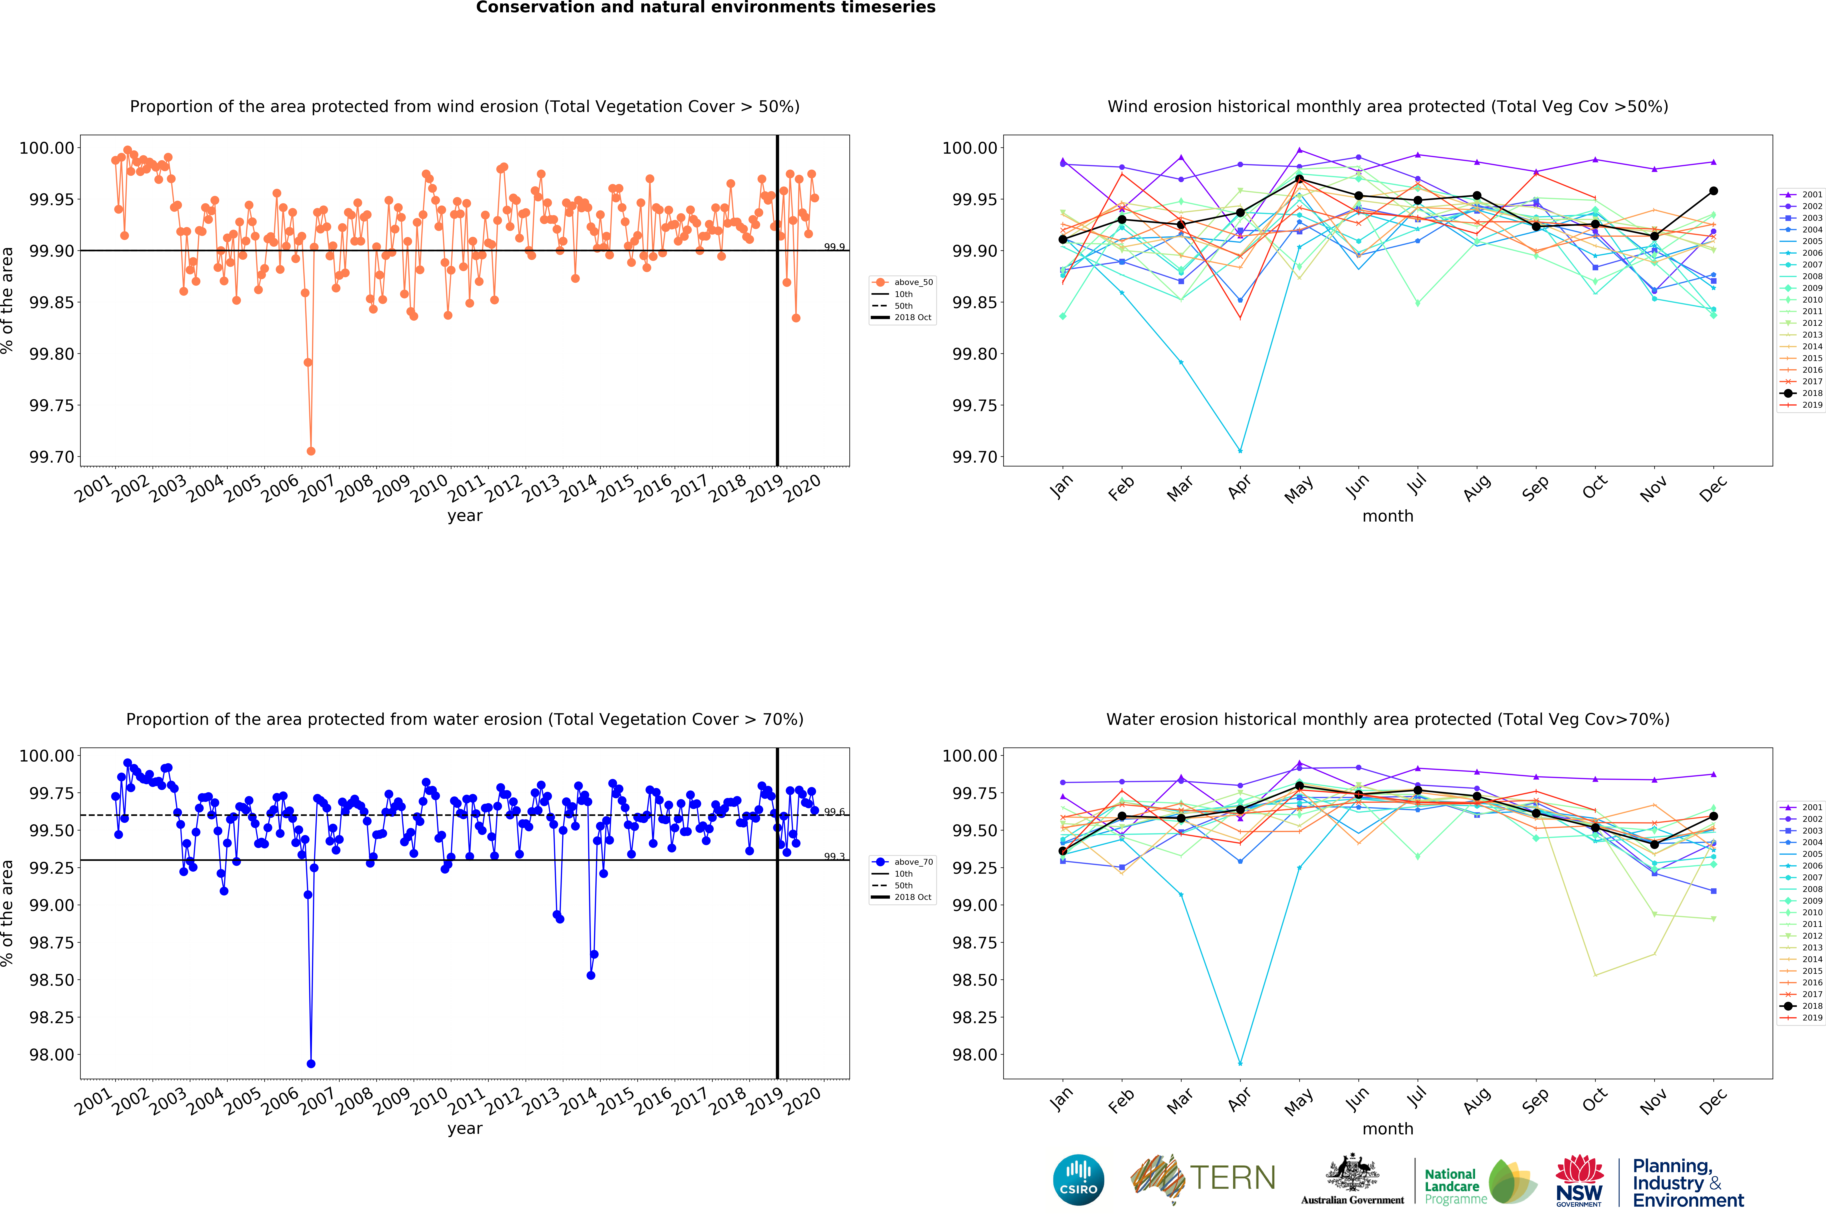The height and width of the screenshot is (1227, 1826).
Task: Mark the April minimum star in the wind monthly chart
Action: pyautogui.click(x=1240, y=451)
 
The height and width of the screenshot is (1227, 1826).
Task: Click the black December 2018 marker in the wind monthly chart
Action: pyautogui.click(x=1713, y=191)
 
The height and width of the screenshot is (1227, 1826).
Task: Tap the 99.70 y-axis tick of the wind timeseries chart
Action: pyautogui.click(x=52, y=457)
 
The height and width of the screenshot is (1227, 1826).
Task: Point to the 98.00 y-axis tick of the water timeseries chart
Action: pyautogui.click(x=52, y=1054)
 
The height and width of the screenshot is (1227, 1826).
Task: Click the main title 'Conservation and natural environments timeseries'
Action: pyautogui.click(x=705, y=8)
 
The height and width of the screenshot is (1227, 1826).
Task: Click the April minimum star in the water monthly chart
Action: pyautogui.click(x=1240, y=1064)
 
